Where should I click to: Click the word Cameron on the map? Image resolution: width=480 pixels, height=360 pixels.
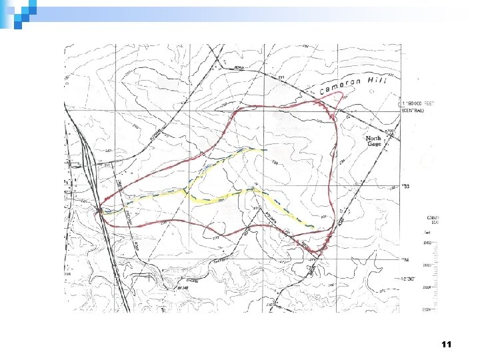[340, 85]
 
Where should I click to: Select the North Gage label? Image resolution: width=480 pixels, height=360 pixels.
[375, 141]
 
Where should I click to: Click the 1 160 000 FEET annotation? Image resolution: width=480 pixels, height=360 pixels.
[417, 103]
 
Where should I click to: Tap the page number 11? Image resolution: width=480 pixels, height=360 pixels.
[446, 345]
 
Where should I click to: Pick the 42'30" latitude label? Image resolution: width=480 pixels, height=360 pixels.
[407, 281]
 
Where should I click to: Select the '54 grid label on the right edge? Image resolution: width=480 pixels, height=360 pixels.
[405, 259]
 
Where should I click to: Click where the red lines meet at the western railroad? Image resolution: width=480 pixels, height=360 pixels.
[101, 209]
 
